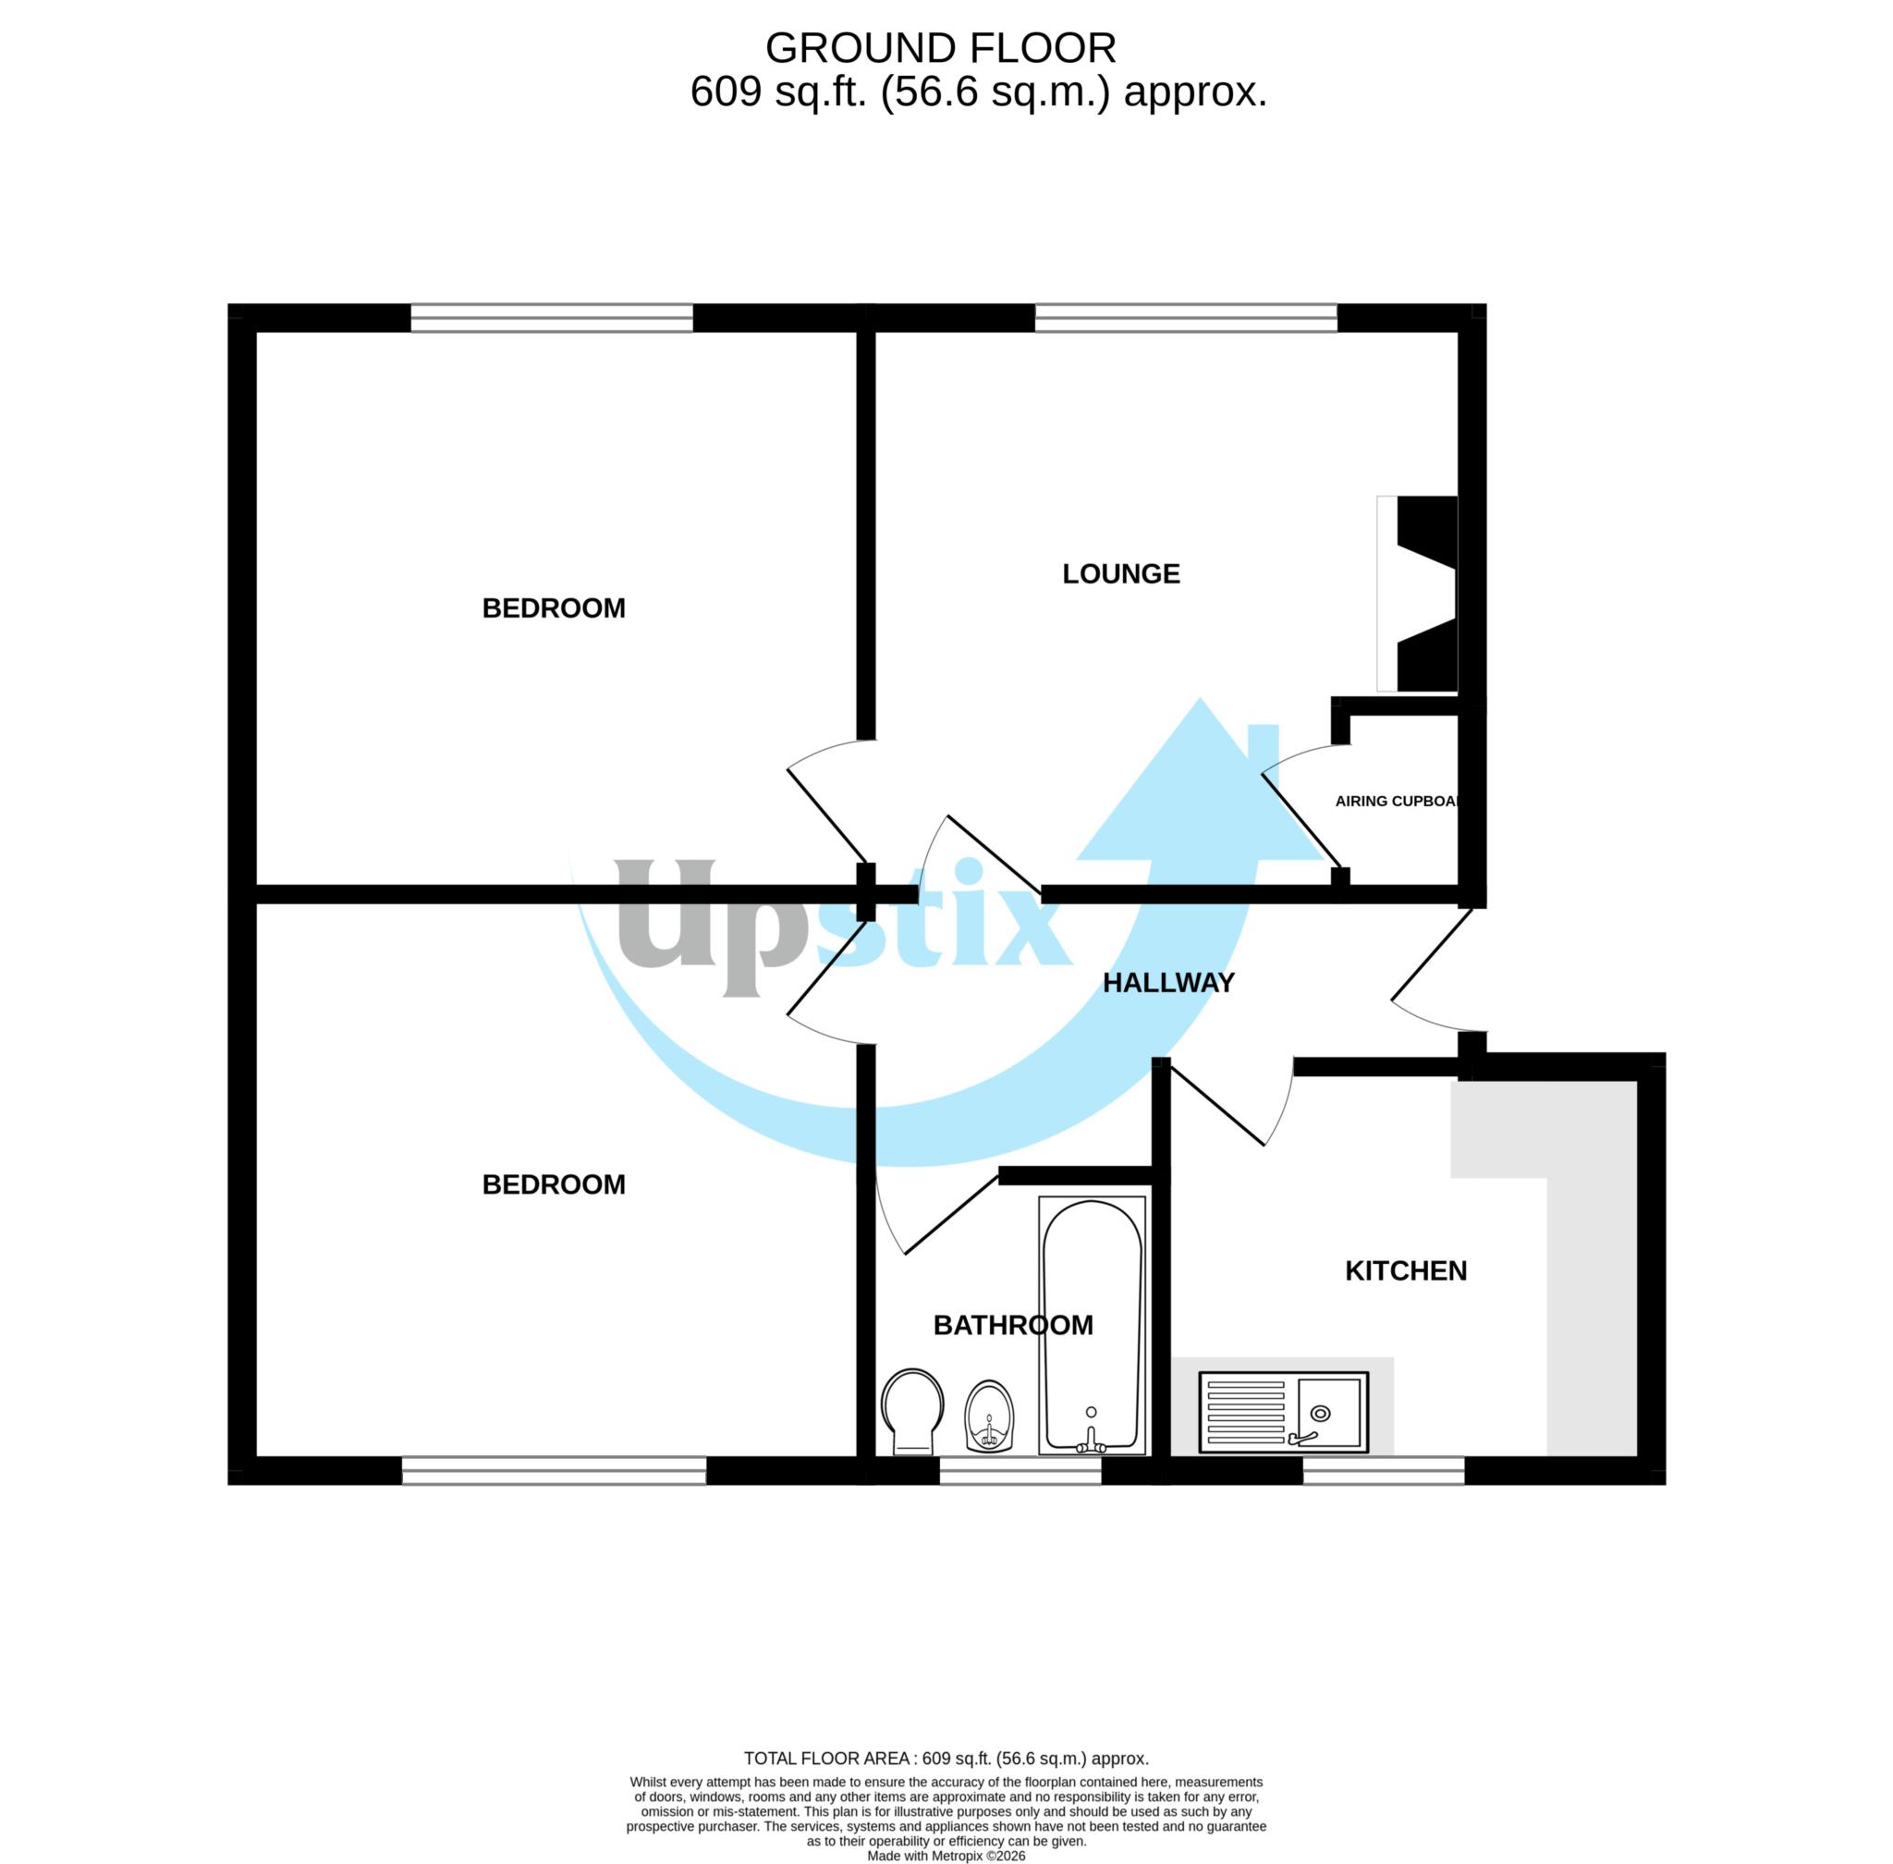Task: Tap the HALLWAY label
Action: [x=1167, y=983]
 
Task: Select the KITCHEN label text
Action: [x=1405, y=1270]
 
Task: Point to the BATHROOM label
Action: [x=1012, y=1325]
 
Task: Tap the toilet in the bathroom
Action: [x=911, y=1411]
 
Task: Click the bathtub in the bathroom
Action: [x=1092, y=1326]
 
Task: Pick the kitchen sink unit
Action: [x=1282, y=1411]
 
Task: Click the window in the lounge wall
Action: [x=1185, y=317]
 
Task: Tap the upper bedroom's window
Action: [x=551, y=317]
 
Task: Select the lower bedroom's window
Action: [x=553, y=1470]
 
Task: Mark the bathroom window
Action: [x=1020, y=1470]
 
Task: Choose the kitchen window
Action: [x=1382, y=1470]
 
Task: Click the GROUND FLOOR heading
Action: [x=940, y=48]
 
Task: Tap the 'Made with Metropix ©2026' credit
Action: [x=946, y=1855]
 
